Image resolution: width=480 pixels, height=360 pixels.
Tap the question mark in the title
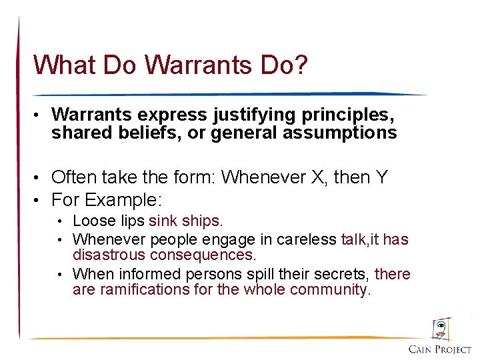[301, 65]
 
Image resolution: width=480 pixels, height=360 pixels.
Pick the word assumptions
[340, 133]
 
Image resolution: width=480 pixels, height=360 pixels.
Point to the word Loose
[92, 221]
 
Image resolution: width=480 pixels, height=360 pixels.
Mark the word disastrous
[109, 255]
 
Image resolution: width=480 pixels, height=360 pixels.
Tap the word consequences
[203, 255]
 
